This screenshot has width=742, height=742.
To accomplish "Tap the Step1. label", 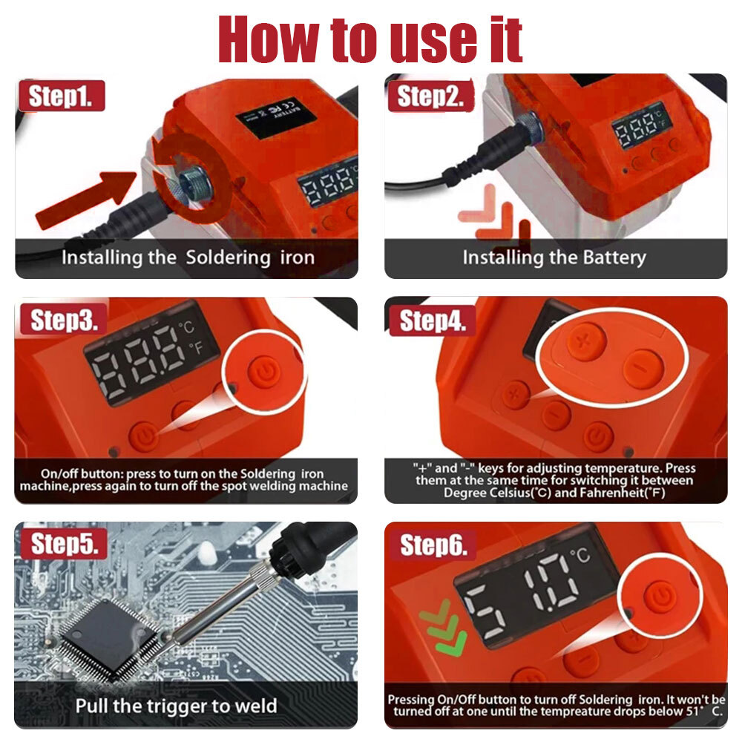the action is pos(62,96).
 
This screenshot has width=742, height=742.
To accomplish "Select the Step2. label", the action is pos(430,96).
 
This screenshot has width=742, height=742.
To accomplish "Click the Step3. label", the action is pos(64,319).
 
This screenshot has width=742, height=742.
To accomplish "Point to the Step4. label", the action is pos(433,321).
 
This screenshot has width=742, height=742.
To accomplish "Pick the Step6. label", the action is pos(433,545).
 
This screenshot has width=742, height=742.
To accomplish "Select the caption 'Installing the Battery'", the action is pos(554,257).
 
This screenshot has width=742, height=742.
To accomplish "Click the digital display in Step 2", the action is pos(642,125).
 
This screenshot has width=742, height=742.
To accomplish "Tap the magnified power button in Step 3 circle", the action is pos(264,372).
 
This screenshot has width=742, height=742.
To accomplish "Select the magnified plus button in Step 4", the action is pos(586,341).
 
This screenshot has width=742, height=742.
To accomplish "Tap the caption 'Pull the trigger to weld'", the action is pos(176,706).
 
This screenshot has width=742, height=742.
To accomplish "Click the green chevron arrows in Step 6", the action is pos(444,628).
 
